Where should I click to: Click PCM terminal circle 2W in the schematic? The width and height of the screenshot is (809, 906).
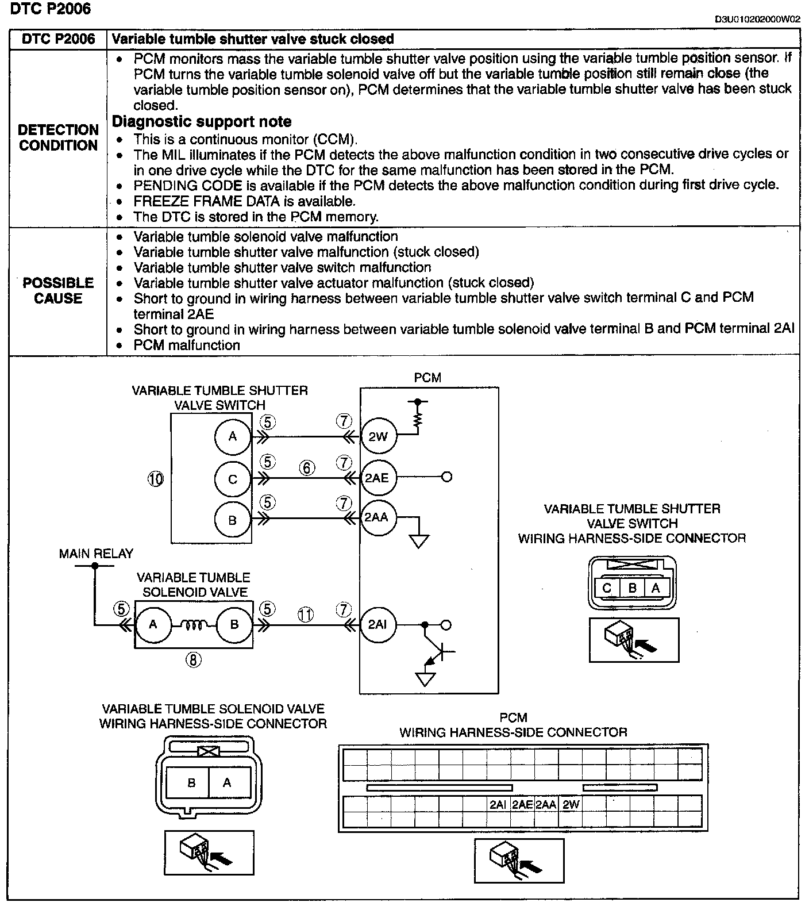(x=378, y=437)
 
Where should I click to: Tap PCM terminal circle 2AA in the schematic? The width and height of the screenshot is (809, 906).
(x=377, y=517)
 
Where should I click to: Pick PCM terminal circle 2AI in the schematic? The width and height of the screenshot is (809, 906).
(x=377, y=625)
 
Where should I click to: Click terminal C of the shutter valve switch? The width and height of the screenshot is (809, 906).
(x=233, y=479)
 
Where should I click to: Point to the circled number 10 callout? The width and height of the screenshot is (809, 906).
(x=156, y=479)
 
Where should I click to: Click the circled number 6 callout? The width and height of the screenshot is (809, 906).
(x=307, y=468)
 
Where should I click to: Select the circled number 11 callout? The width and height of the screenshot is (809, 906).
(x=306, y=615)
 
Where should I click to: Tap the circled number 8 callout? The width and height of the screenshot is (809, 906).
(x=193, y=660)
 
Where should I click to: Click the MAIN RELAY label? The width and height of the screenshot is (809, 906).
(x=96, y=554)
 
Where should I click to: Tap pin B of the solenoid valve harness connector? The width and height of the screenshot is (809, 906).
(x=191, y=782)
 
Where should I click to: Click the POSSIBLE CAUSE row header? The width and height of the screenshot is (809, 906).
(x=58, y=290)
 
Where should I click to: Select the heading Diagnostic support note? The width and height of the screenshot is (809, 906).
(x=202, y=122)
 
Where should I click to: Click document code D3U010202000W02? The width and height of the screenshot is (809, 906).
(x=757, y=20)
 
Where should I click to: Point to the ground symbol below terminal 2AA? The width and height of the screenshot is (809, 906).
(x=419, y=541)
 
